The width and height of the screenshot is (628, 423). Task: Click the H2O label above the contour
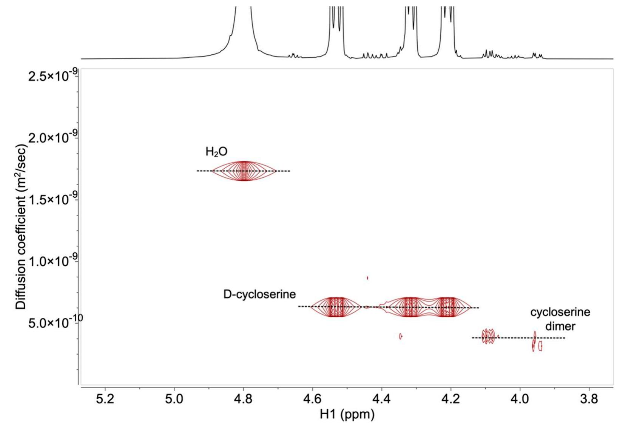pyautogui.click(x=216, y=152)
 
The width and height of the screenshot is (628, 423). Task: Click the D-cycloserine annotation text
pyautogui.click(x=259, y=294)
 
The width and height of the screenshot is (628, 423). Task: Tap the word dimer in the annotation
pyautogui.click(x=560, y=326)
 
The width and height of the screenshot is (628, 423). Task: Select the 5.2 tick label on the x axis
pyautogui.click(x=105, y=399)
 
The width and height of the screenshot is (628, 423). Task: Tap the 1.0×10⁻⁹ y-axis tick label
pyautogui.click(x=53, y=261)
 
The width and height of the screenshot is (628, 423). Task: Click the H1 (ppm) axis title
pyautogui.click(x=347, y=414)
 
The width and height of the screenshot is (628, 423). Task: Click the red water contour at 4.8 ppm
pyautogui.click(x=244, y=171)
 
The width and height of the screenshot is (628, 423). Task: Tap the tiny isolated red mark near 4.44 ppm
pyautogui.click(x=367, y=278)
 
